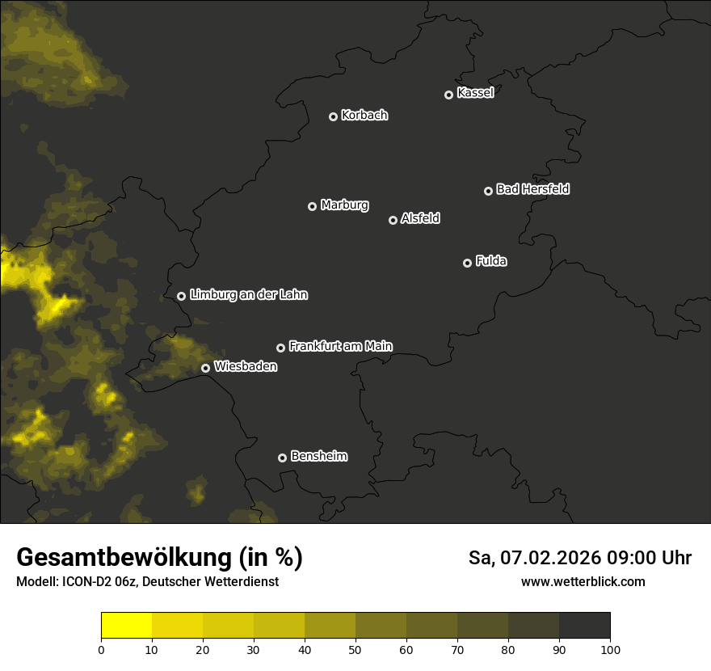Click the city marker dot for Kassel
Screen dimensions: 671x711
coord(448,95)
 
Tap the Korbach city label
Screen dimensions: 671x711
coord(364,116)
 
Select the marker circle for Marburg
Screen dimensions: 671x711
coord(312,206)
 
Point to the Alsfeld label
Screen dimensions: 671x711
coord(420,219)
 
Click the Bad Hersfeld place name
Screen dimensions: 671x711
coord(532,189)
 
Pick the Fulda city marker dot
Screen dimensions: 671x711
coord(467,263)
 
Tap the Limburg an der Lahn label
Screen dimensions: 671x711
coord(248,295)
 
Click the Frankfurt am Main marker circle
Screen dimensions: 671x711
coord(280,348)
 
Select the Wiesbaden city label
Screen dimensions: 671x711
coord(245,367)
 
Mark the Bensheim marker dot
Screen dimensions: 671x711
coord(282,458)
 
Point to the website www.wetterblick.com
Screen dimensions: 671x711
coord(583,582)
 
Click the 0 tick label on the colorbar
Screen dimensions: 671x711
coord(101,650)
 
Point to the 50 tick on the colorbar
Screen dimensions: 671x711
coord(355,650)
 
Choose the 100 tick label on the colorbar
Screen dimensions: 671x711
coord(610,650)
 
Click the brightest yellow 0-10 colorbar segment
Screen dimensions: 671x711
coord(126,625)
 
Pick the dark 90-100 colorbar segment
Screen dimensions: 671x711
coord(584,625)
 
